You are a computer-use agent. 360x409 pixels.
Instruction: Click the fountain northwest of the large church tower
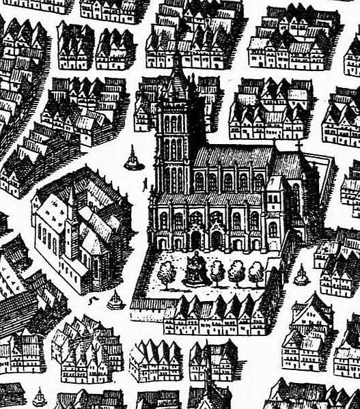coord(133,160)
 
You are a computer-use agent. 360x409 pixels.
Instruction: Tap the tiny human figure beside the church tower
coord(144,183)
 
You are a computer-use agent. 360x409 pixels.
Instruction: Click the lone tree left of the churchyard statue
coord(166,272)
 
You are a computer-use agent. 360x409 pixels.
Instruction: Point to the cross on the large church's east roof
coord(298,144)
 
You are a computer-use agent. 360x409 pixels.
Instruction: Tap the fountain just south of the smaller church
coord(115,300)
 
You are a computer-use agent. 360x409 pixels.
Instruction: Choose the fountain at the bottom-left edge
coord(40,397)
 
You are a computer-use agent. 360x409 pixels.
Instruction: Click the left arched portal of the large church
coord(196,239)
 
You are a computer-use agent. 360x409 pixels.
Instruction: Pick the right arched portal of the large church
coord(217,239)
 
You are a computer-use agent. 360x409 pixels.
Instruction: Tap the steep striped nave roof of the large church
coord(232,157)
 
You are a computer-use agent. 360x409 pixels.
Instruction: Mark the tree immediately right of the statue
coord(217,272)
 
